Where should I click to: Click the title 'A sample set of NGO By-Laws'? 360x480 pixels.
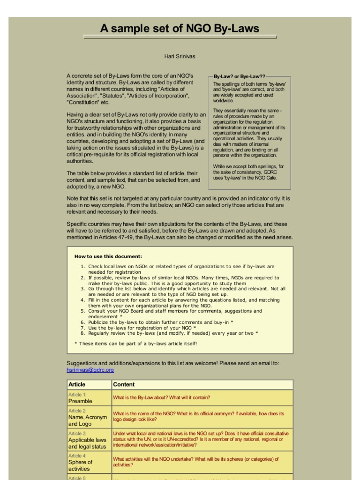tap(180, 29)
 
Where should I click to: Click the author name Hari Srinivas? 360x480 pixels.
tap(180, 57)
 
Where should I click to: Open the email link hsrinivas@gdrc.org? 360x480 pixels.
tap(90, 370)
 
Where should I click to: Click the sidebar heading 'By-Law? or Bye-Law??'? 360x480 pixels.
tap(239, 76)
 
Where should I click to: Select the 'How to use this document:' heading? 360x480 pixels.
tap(108, 256)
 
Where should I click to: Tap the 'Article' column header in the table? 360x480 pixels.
tap(77, 384)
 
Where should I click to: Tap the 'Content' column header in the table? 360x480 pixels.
tap(124, 384)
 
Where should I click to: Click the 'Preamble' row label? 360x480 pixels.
tap(80, 401)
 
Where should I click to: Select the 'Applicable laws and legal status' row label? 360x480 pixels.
tap(87, 443)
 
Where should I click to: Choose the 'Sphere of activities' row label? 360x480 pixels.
tap(80, 465)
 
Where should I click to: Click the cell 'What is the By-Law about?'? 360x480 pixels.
tap(161, 397)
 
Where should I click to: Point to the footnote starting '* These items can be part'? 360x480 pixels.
tap(135, 343)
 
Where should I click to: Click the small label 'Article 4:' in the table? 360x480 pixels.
tap(77, 456)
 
